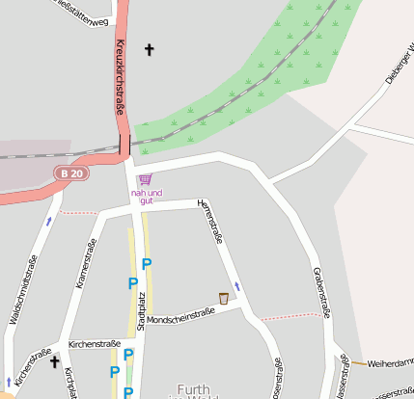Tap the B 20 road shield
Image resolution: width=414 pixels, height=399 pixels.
pos(69,173)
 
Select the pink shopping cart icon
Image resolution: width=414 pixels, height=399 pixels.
pos(146,179)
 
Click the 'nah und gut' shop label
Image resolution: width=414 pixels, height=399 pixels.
pos(147,197)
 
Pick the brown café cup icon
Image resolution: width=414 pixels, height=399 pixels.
pos(224,298)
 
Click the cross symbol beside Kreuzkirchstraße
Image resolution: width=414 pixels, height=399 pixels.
pos(149,49)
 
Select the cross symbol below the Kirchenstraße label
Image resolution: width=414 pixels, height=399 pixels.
pos(55,361)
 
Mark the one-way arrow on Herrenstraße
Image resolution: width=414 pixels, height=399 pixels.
pos(236,287)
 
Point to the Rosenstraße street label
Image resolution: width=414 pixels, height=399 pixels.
pos(276,379)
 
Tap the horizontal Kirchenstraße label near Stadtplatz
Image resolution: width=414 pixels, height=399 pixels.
pos(94,343)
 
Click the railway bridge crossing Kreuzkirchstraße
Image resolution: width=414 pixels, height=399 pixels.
pos(124,146)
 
